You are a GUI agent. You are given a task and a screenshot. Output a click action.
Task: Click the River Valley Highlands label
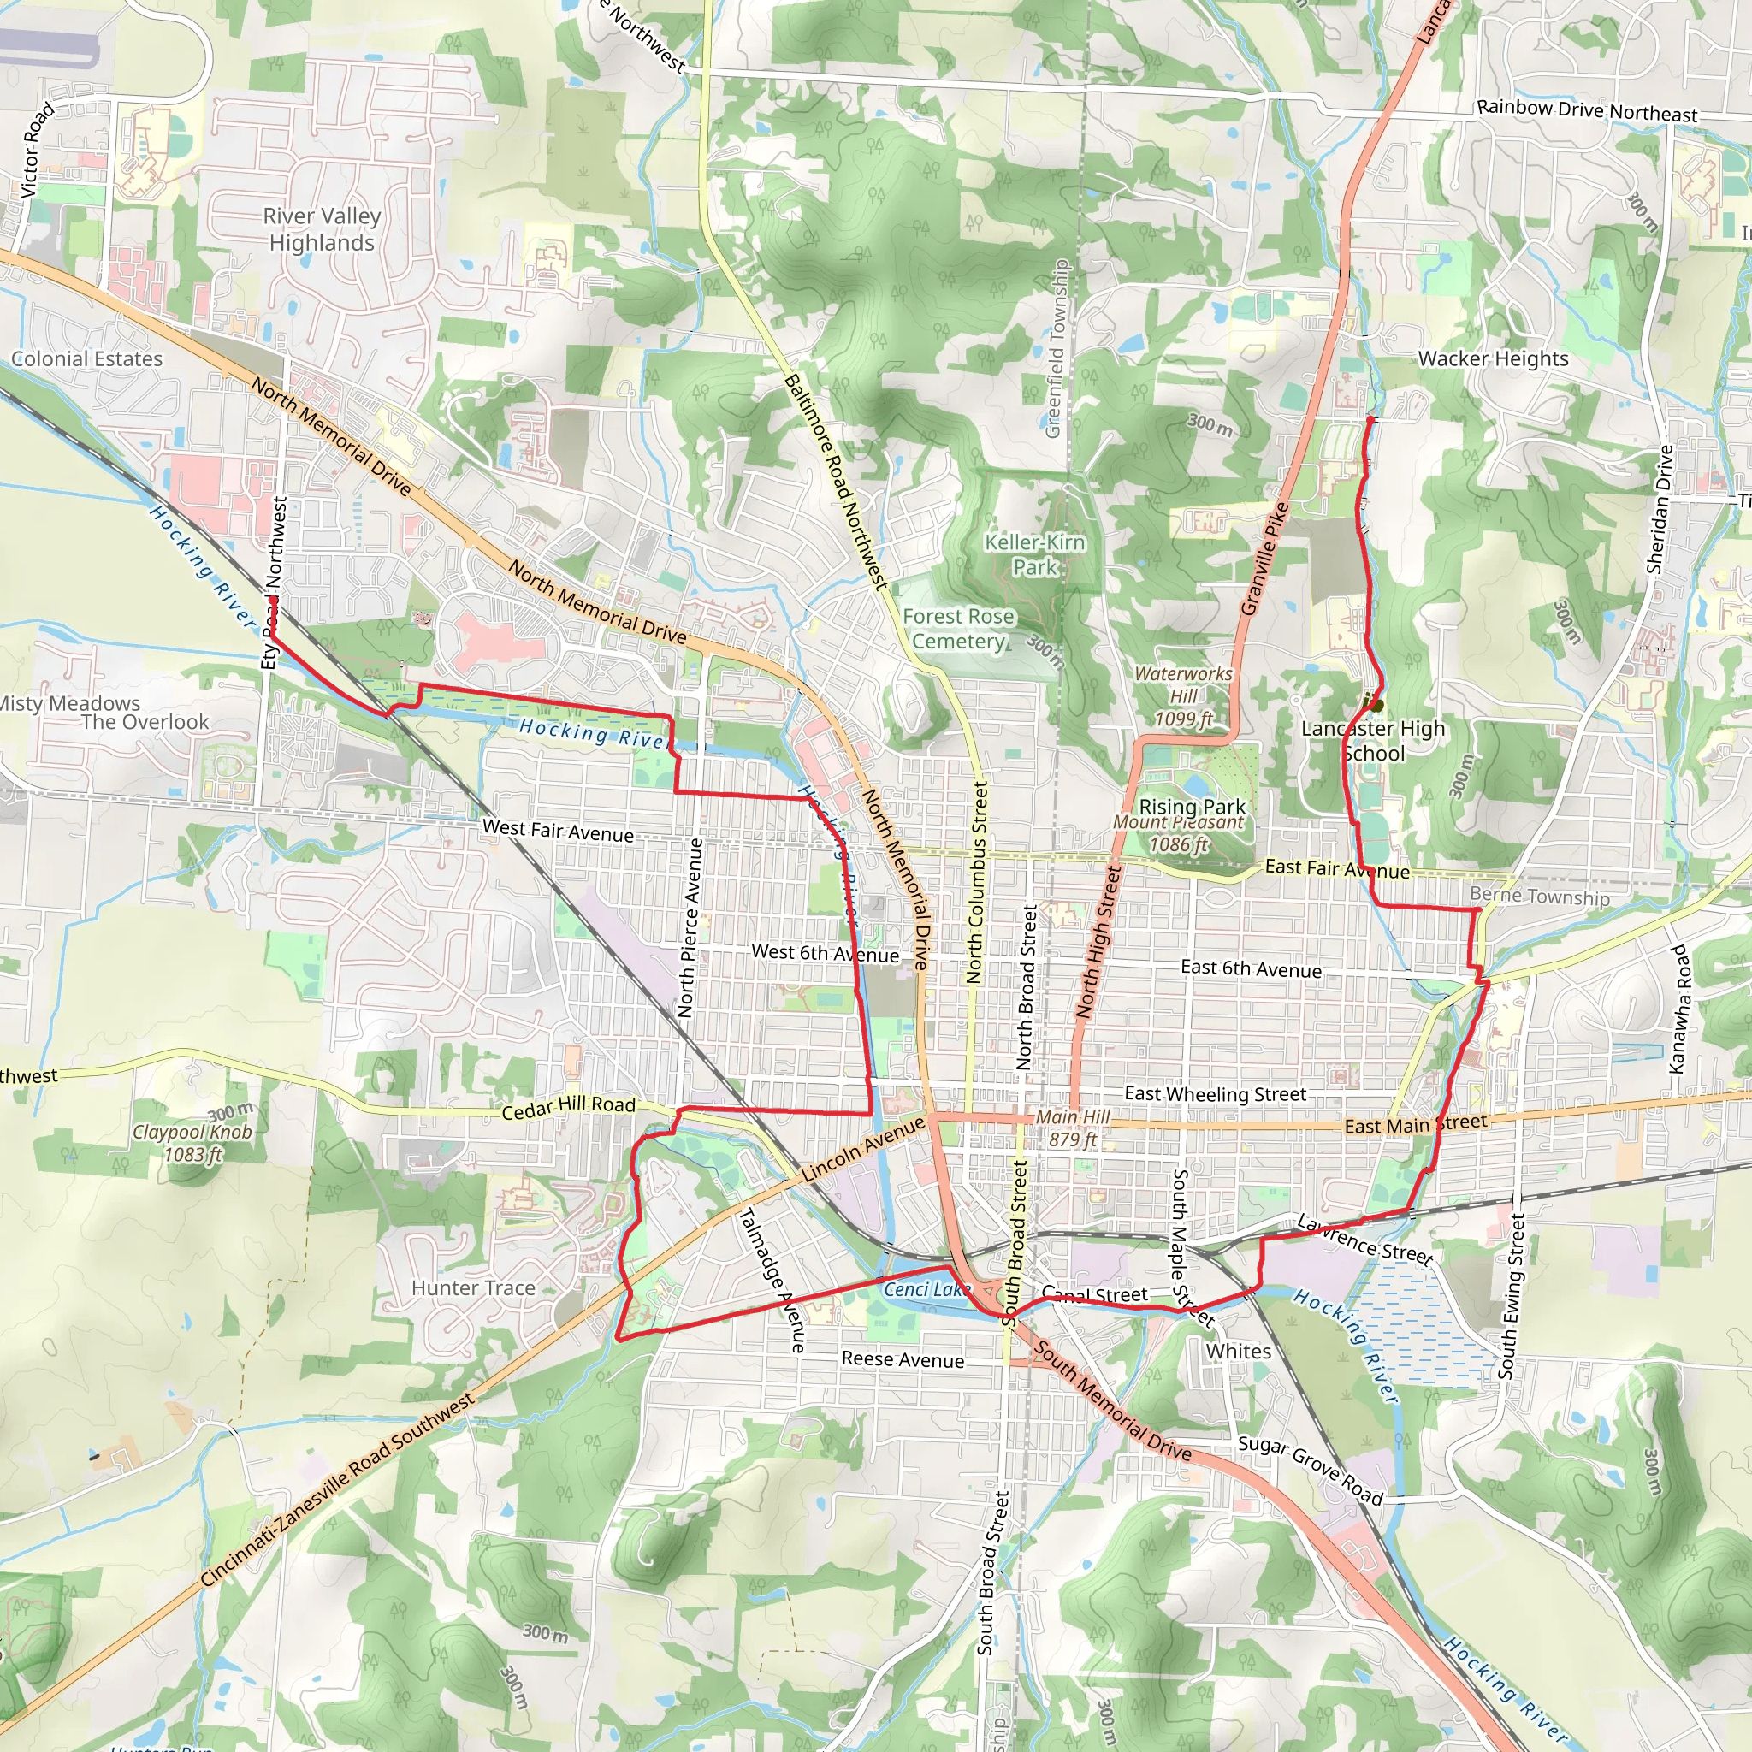point(321,229)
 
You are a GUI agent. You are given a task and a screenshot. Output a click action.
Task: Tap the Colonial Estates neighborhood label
point(87,359)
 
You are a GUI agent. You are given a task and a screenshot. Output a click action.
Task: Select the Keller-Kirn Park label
point(1035,555)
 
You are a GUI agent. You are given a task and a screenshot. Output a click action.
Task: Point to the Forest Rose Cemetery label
point(958,629)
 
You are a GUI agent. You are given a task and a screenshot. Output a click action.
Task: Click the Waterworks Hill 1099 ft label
point(1183,696)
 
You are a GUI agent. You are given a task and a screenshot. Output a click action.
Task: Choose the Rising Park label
point(1192,806)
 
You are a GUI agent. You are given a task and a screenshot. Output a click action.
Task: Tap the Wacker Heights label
point(1493,359)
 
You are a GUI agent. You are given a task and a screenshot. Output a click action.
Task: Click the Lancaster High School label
point(1373,741)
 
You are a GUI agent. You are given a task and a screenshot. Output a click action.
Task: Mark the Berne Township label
point(1540,896)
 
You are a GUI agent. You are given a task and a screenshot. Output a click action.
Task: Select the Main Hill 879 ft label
point(1073,1128)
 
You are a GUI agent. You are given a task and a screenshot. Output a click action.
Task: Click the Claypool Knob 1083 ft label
point(192,1143)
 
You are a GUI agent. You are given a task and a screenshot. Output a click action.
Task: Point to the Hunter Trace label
point(473,1287)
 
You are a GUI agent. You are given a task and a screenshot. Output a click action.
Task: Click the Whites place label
point(1238,1351)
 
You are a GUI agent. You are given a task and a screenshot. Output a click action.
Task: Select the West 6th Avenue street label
point(826,953)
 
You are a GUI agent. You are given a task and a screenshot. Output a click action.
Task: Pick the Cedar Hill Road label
point(569,1106)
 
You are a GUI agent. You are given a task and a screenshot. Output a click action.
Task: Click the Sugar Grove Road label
point(1311,1470)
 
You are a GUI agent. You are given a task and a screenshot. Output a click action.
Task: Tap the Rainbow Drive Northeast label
point(1587,110)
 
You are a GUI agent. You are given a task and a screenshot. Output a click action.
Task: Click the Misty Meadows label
point(69,704)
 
